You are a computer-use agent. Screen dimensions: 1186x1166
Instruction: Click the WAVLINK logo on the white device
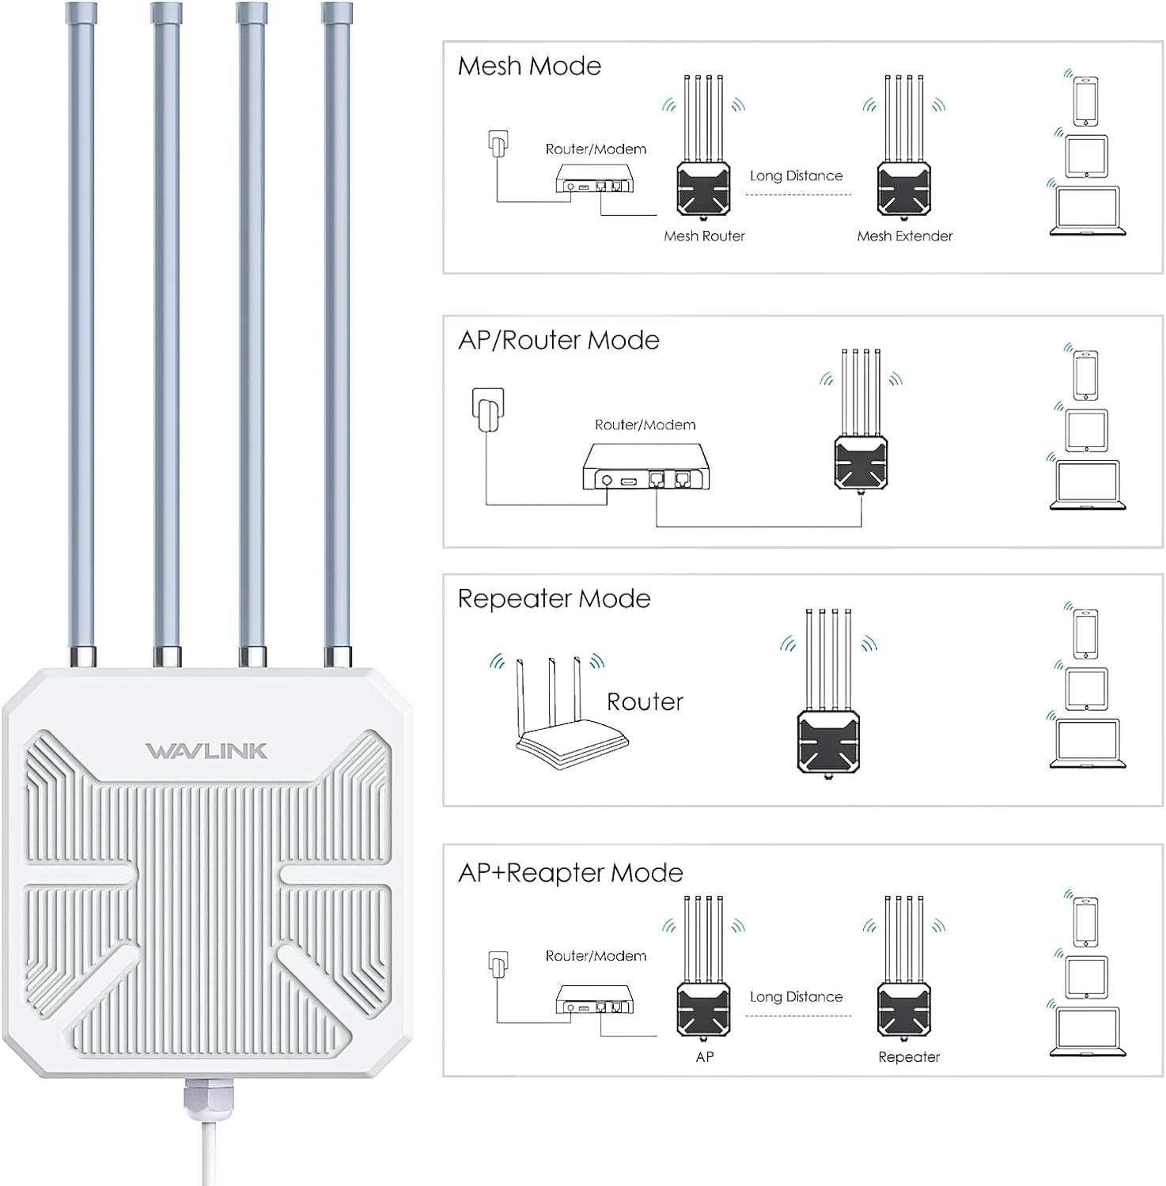point(206,750)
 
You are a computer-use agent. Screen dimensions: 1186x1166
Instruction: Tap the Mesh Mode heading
point(529,66)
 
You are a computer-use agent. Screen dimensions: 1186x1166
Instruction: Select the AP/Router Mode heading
point(558,340)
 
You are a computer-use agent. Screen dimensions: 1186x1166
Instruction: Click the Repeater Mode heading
point(554,599)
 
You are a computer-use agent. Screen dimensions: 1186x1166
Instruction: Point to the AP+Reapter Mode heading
point(570,873)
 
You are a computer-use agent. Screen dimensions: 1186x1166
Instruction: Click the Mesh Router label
point(704,236)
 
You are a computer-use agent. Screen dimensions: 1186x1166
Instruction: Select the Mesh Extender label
point(904,236)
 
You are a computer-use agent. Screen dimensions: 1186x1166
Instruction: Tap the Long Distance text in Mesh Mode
point(796,176)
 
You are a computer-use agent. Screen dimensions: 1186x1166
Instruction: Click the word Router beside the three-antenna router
point(645,701)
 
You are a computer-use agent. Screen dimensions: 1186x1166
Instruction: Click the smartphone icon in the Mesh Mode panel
point(1086,100)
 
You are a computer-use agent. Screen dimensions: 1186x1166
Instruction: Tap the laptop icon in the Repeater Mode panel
point(1088,743)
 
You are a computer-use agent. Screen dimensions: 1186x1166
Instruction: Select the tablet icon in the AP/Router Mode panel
point(1086,430)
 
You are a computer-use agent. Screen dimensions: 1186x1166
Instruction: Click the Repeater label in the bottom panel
point(909,1056)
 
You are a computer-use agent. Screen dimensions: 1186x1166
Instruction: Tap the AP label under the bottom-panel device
point(705,1056)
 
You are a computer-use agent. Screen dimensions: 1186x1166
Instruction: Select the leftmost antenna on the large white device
point(81,332)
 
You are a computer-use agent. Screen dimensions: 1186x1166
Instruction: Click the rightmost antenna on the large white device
point(337,332)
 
